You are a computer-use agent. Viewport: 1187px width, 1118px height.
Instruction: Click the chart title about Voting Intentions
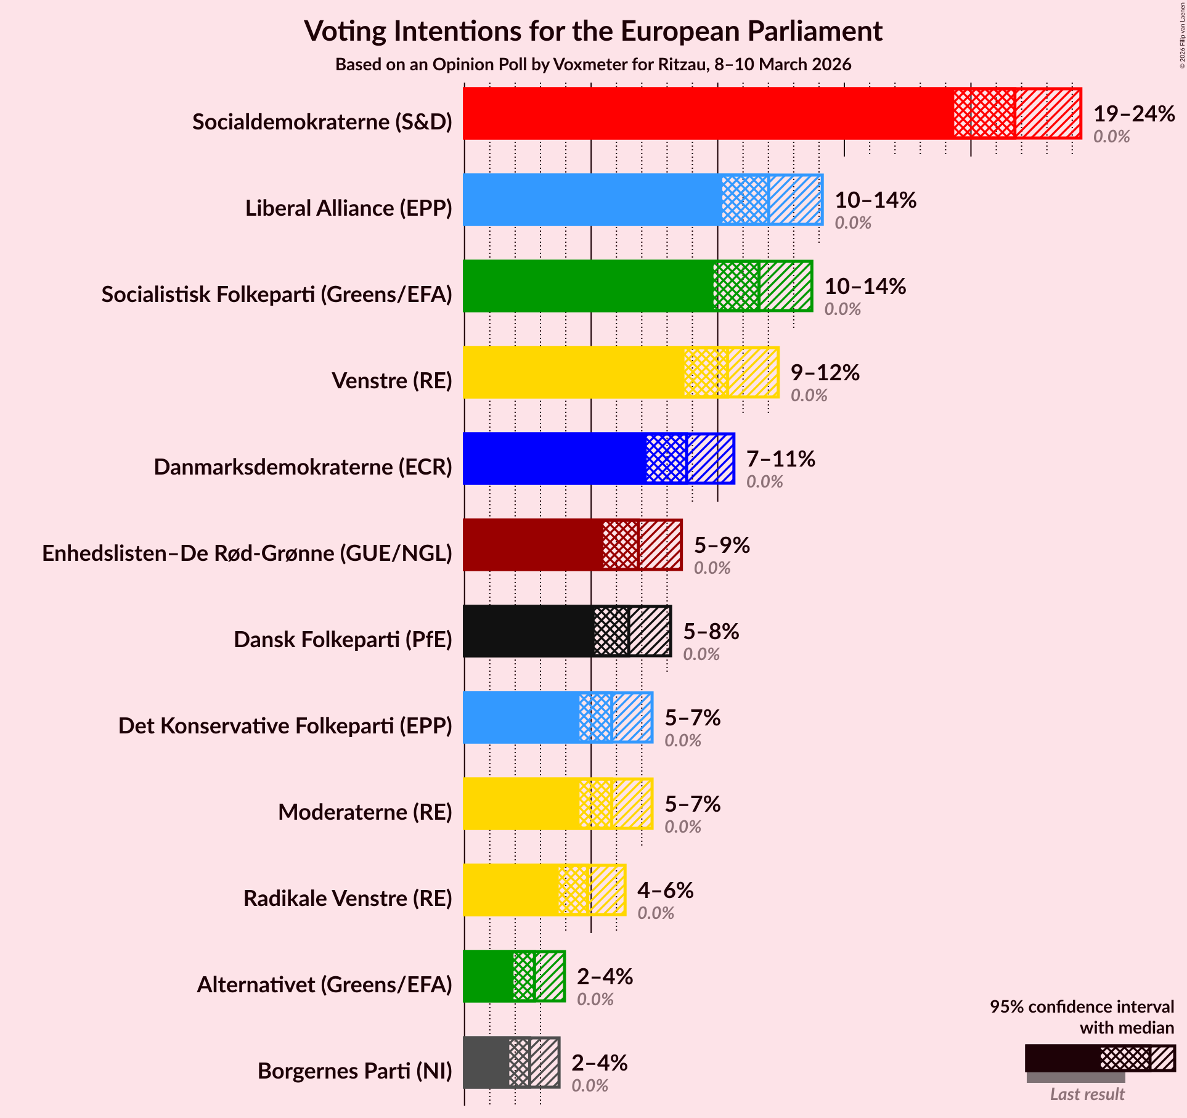click(593, 31)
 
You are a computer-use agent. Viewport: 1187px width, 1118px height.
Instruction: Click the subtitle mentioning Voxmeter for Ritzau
click(593, 65)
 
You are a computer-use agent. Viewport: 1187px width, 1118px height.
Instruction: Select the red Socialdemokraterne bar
click(709, 113)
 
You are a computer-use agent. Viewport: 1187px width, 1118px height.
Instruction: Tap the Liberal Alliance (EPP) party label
click(348, 208)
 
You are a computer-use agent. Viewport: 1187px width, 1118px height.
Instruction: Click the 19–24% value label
click(1133, 113)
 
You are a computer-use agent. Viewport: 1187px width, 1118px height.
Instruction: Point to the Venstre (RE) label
click(391, 381)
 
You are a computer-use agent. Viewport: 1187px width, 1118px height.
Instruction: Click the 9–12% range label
click(825, 372)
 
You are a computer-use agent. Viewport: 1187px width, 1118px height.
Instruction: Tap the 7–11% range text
click(780, 459)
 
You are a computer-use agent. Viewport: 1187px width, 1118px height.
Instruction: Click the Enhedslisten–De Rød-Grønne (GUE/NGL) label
click(247, 553)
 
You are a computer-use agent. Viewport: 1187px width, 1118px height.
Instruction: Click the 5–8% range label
click(711, 631)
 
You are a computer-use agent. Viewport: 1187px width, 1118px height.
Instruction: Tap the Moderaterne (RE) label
click(365, 812)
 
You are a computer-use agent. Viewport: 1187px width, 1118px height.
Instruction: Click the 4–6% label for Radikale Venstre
click(665, 890)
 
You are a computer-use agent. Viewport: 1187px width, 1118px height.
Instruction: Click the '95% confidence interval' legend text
click(1082, 1006)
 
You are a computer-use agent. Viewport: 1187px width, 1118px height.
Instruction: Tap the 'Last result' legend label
click(1087, 1094)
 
